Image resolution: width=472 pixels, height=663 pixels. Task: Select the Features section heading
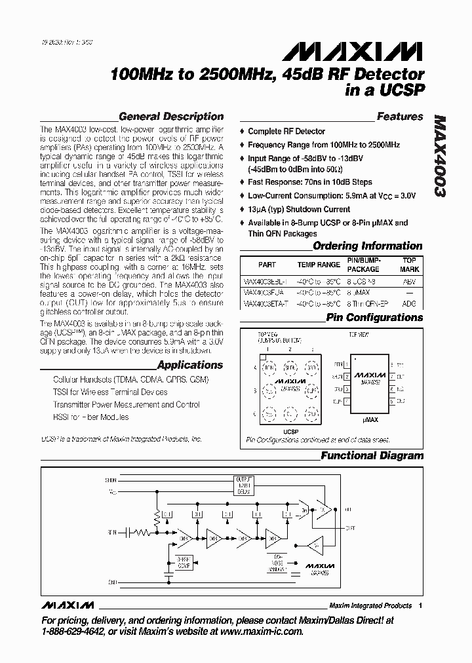399,117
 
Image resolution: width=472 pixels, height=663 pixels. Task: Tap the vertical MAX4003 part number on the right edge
440,157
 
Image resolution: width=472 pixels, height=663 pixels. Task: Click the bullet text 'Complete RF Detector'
286,132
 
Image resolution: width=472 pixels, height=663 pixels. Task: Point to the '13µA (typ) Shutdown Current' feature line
299,209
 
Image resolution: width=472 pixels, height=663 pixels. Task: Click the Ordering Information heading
367,246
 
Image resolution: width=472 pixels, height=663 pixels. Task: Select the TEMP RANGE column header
319,265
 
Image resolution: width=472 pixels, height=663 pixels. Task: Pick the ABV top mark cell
410,280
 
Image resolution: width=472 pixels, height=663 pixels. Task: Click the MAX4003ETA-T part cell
264,304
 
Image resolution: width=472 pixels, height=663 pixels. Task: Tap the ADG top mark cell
410,304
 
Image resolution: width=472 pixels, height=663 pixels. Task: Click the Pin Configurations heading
374,318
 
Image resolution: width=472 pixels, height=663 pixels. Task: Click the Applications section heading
190,366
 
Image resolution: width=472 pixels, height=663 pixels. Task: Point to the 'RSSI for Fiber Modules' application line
90,417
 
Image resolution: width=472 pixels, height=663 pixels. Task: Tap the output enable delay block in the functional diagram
243,485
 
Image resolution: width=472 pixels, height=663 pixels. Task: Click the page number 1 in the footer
420,605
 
